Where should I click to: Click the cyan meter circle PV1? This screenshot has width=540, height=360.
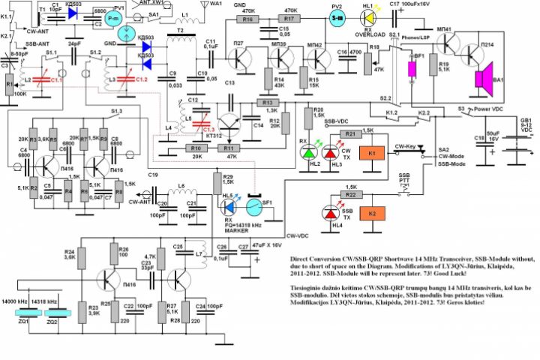click(x=112, y=16)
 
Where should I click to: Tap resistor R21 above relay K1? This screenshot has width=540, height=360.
click(x=349, y=133)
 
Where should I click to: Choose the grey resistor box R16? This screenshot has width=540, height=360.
click(x=248, y=19)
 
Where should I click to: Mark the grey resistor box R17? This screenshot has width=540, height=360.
click(x=289, y=19)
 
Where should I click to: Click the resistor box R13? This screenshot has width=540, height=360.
click(x=265, y=102)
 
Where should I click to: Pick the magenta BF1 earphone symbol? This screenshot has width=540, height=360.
click(x=411, y=67)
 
